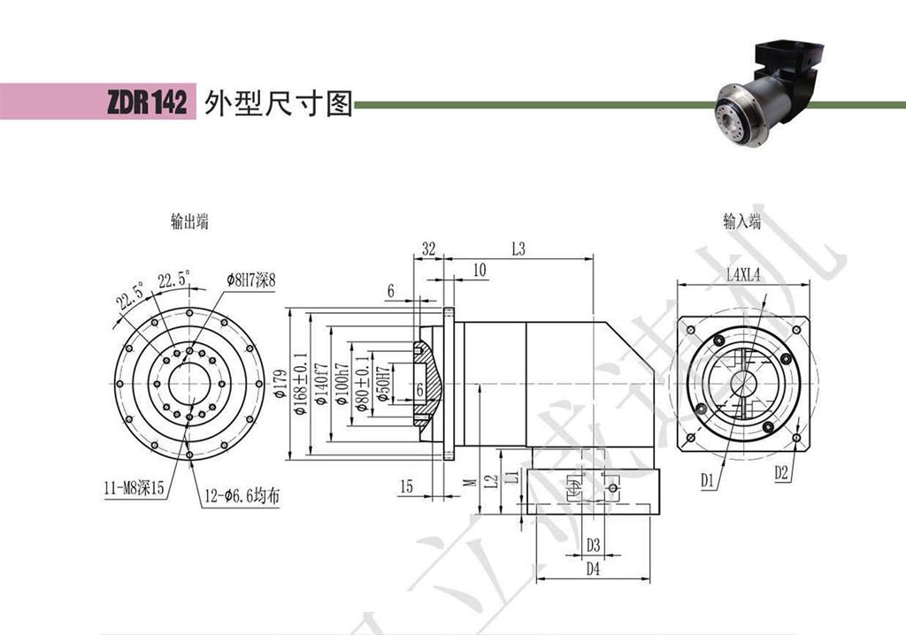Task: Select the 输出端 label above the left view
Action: click(189, 222)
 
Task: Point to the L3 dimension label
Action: click(518, 249)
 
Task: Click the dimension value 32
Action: click(428, 249)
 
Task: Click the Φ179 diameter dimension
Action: click(296, 383)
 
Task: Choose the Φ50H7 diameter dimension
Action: click(382, 383)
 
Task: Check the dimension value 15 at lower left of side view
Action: click(406, 486)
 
